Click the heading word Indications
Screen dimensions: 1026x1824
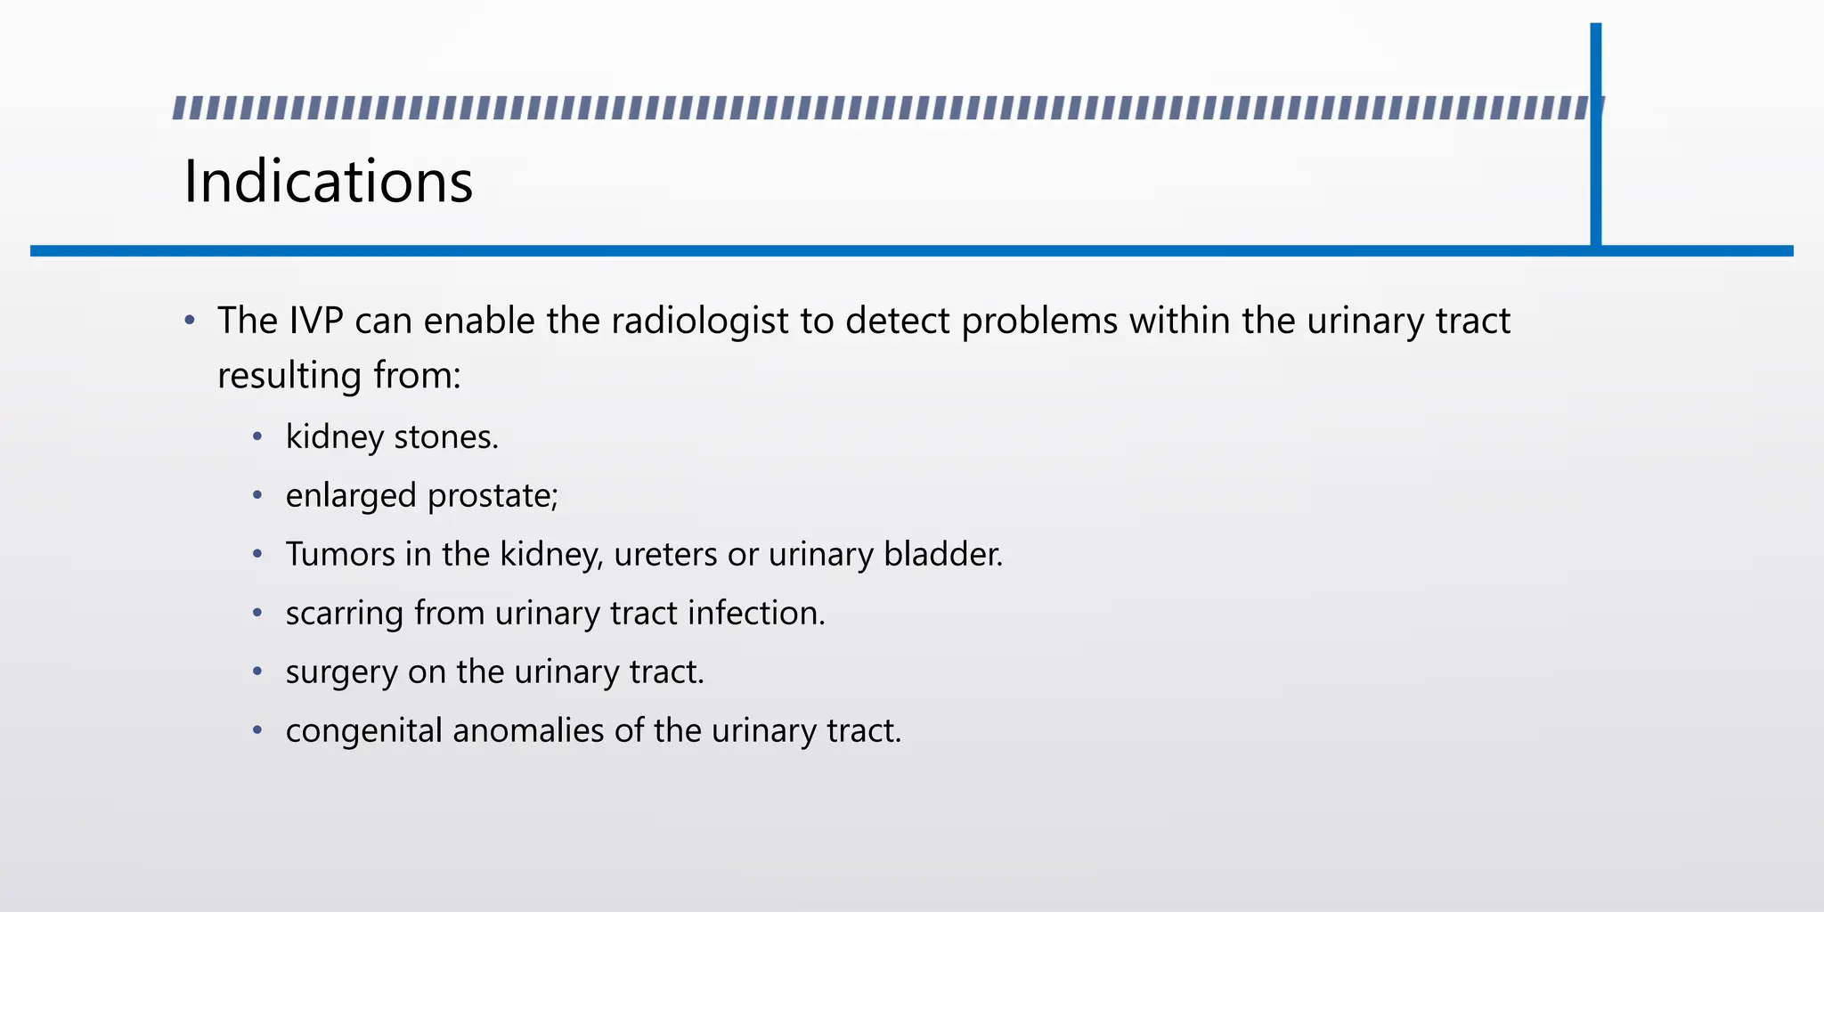pyautogui.click(x=328, y=181)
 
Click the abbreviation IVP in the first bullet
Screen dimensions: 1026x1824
pyautogui.click(x=316, y=321)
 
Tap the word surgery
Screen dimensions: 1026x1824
pyautogui.click(x=341, y=672)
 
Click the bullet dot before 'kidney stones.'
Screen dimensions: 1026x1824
pyautogui.click(x=257, y=436)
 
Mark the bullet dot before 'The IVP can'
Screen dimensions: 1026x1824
pyautogui.click(x=190, y=321)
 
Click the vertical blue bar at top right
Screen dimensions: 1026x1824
pyautogui.click(x=1595, y=134)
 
